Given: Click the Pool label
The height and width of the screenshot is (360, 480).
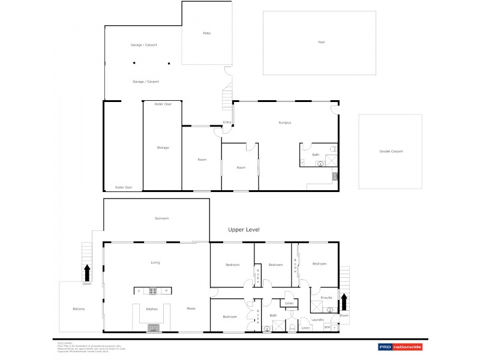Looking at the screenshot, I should pyautogui.click(x=321, y=42).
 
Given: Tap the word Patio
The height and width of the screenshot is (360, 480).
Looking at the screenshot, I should pyautogui.click(x=206, y=33).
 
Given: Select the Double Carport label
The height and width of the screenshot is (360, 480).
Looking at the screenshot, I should pyautogui.click(x=391, y=151).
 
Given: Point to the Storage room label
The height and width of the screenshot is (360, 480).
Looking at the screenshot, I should pyautogui.click(x=163, y=147).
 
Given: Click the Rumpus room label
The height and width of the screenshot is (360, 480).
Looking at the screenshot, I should pyautogui.click(x=284, y=122).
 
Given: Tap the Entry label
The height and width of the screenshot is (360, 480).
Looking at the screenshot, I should pyautogui.click(x=227, y=122).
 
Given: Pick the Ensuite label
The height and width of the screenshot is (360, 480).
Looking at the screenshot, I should pyautogui.click(x=326, y=297).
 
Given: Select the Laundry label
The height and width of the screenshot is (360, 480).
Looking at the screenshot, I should pyautogui.click(x=317, y=319).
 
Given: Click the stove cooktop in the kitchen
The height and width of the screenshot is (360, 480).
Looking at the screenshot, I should pyautogui.click(x=153, y=291).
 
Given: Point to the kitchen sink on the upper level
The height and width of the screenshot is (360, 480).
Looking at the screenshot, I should pyautogui.click(x=153, y=328).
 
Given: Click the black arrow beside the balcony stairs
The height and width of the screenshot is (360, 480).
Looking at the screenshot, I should pyautogui.click(x=88, y=273).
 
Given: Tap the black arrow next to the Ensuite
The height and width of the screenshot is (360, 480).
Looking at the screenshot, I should pyautogui.click(x=344, y=301).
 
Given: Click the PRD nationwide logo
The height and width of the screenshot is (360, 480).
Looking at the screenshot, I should pyautogui.click(x=400, y=347).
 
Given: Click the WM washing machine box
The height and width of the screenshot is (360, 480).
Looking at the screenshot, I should pyautogui.click(x=327, y=328).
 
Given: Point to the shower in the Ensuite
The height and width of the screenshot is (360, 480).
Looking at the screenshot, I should pyautogui.click(x=316, y=308).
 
